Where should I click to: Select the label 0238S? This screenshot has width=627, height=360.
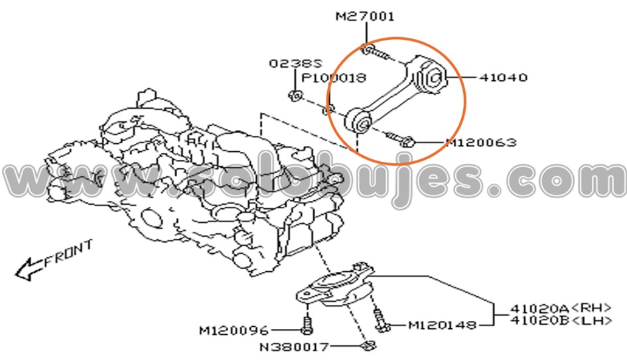point(295,64)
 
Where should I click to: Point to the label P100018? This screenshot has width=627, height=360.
point(334,78)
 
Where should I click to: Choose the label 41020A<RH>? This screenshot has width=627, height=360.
point(555,308)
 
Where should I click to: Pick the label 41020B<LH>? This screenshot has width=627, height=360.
point(555,321)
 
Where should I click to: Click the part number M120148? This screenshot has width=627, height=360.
point(442,325)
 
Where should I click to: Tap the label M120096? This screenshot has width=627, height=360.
point(234,330)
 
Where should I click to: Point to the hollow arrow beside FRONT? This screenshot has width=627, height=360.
point(29,268)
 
